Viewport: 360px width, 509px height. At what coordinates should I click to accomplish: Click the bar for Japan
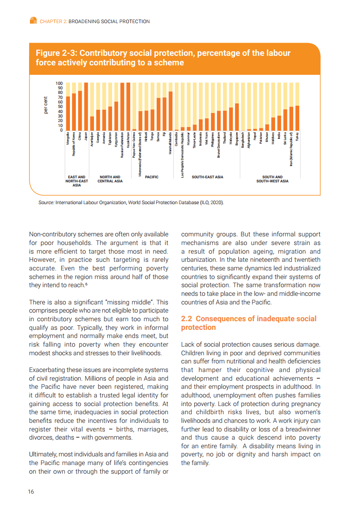pyautogui.click(x=86, y=107)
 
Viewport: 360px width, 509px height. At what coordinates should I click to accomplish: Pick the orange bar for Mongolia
pyautogui.click(x=68, y=113)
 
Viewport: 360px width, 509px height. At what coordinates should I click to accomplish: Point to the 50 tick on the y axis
pyautogui.click(x=59, y=107)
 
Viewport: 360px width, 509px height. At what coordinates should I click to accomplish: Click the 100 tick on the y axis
pyautogui.click(x=59, y=83)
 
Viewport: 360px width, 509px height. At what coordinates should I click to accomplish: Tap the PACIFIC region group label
pyautogui.click(x=152, y=177)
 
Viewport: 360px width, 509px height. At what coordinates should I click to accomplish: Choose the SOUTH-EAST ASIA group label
pyautogui.click(x=207, y=177)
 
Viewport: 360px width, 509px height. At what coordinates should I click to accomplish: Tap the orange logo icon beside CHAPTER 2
pyautogui.click(x=33, y=20)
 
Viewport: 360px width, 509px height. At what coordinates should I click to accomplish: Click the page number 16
pyautogui.click(x=31, y=492)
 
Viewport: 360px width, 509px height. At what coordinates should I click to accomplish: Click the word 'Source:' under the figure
pyautogui.click(x=46, y=203)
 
